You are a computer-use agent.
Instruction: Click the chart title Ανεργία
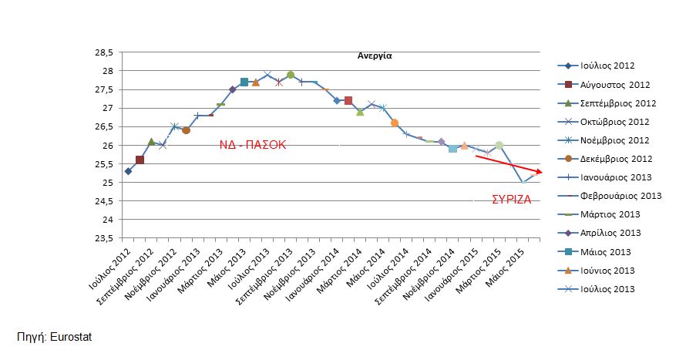click(x=375, y=56)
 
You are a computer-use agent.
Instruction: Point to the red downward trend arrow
click(x=509, y=164)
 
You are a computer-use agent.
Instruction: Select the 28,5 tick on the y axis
click(x=103, y=52)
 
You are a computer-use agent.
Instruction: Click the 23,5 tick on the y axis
click(x=103, y=238)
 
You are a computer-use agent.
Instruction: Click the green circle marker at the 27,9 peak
click(x=291, y=76)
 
